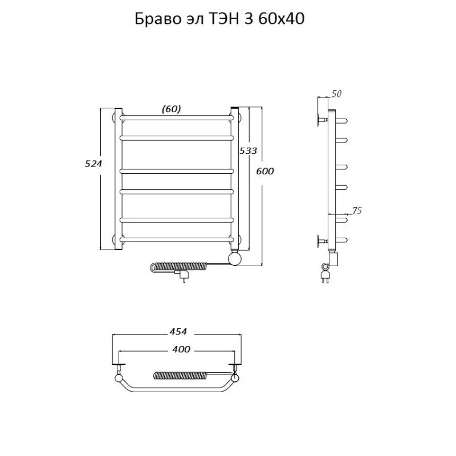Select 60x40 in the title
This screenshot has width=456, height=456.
[281, 19]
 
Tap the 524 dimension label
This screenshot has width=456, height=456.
[93, 164]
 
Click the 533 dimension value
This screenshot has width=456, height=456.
[248, 150]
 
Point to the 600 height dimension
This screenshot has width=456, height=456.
[265, 172]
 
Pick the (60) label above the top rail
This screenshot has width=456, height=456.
[172, 109]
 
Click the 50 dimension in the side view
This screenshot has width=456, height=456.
[336, 94]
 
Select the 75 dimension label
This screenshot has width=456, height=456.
[357, 210]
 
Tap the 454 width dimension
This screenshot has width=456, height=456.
[178, 332]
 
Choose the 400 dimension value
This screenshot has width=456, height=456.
[181, 349]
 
